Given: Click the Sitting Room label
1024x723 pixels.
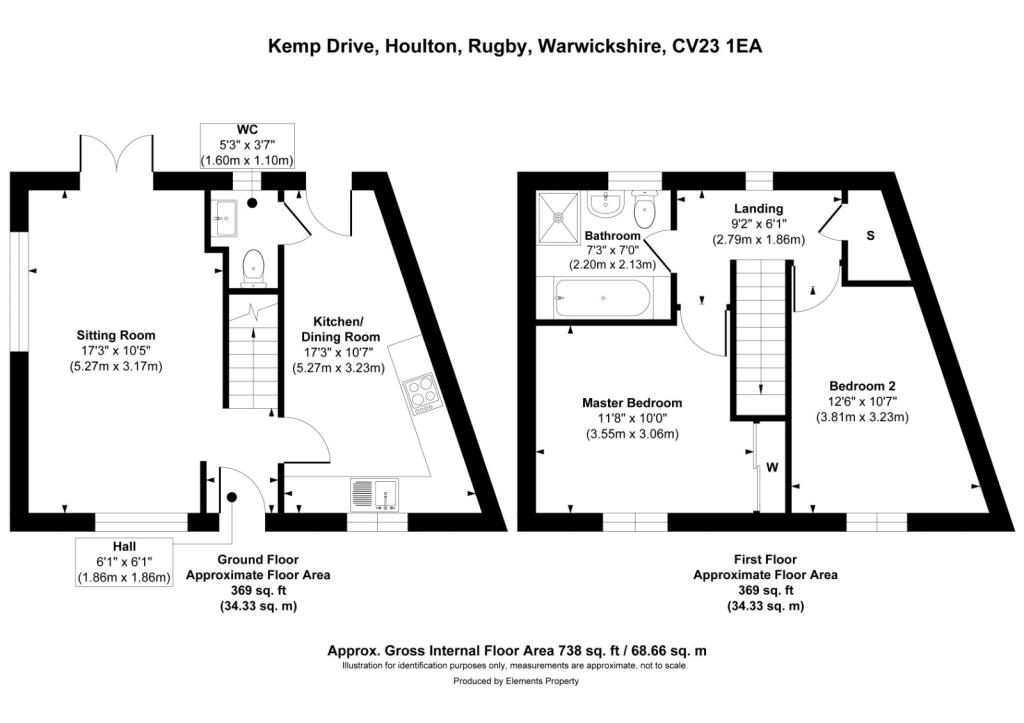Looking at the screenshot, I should click(117, 335).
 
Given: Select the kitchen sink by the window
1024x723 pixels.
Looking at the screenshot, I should click(376, 493).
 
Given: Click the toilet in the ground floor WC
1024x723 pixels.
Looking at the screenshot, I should click(254, 267).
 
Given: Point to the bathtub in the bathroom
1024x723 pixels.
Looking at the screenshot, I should click(600, 298).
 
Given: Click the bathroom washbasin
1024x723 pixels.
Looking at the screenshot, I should click(604, 204).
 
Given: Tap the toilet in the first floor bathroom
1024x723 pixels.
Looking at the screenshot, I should click(646, 208).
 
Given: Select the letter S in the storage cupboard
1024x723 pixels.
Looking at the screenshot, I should click(870, 236).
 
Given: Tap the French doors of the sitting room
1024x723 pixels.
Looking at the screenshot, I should click(116, 160).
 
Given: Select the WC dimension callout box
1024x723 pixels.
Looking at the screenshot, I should click(247, 146).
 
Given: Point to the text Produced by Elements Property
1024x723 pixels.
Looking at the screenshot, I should click(515, 681).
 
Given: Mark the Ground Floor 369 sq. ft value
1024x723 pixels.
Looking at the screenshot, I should click(257, 591).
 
